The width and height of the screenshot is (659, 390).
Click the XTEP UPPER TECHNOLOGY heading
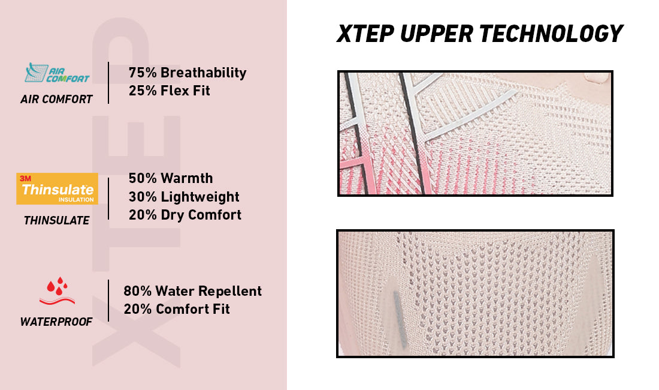[x=479, y=34]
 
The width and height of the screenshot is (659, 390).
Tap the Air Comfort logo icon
[x=57, y=73]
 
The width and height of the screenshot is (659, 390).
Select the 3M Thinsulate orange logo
[x=57, y=188]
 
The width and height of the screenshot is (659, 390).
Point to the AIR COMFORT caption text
[x=56, y=100]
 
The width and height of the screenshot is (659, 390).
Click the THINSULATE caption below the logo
[x=56, y=221]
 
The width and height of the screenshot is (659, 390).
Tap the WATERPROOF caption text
[x=56, y=322]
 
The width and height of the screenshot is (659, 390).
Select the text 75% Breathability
[x=188, y=73]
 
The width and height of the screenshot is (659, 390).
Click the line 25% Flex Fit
[x=170, y=91]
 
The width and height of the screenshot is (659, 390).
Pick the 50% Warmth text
[x=171, y=178]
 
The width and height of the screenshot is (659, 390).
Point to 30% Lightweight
[x=184, y=197]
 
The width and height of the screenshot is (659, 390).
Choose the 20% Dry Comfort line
[x=185, y=215]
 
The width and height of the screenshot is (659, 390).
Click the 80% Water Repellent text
[x=192, y=291]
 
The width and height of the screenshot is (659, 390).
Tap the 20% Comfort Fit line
[x=177, y=310]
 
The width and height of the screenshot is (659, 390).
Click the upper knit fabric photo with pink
[x=475, y=133]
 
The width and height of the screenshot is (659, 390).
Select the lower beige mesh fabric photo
[x=475, y=293]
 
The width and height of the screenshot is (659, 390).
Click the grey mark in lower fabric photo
[x=400, y=318]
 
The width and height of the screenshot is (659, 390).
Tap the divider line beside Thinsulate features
[x=108, y=198]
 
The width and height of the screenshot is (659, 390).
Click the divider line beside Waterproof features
[x=108, y=300]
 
